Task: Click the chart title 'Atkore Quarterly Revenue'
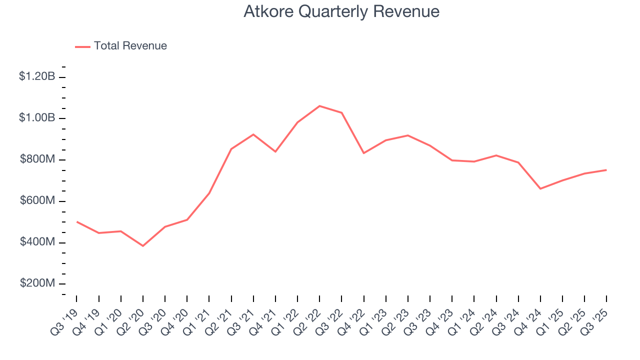point(341,11)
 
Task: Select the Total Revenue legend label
point(130,46)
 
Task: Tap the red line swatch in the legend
point(82,46)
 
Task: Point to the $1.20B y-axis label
point(37,76)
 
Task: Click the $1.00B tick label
point(37,118)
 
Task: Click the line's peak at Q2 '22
point(319,106)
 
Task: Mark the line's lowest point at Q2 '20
point(143,246)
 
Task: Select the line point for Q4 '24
point(540,188)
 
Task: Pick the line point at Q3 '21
point(253,134)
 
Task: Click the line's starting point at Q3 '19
point(76,221)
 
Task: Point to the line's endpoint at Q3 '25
point(606,170)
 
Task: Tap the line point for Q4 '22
point(363,153)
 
